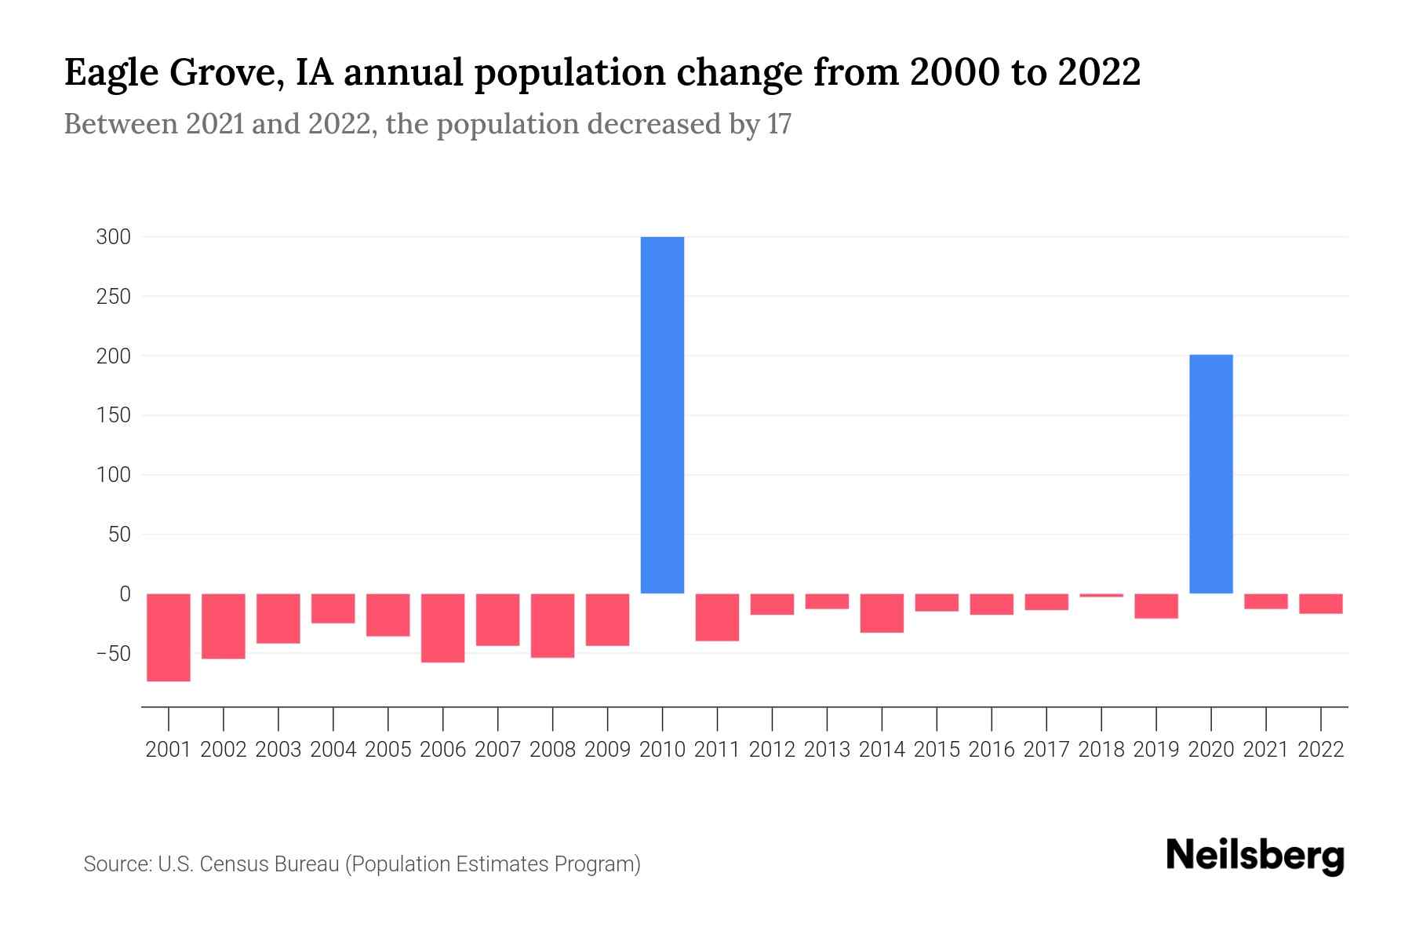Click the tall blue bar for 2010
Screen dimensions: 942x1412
(662, 414)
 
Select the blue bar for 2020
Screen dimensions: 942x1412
(1210, 474)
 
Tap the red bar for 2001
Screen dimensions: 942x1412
(169, 637)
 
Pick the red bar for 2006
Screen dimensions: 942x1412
(442, 627)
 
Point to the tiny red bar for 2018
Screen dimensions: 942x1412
(1101, 595)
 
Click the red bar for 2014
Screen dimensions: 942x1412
(882, 613)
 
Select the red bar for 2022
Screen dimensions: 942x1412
(1320, 604)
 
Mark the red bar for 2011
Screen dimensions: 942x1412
(717, 617)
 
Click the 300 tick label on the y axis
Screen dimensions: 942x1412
(113, 237)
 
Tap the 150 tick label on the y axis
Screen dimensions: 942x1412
(113, 415)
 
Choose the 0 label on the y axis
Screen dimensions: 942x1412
(124, 594)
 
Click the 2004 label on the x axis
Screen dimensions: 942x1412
(333, 750)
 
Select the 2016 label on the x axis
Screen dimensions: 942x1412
(992, 750)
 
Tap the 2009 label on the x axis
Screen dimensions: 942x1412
(607, 750)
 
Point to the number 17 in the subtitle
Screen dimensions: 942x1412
(779, 124)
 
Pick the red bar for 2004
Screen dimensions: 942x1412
(333, 608)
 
